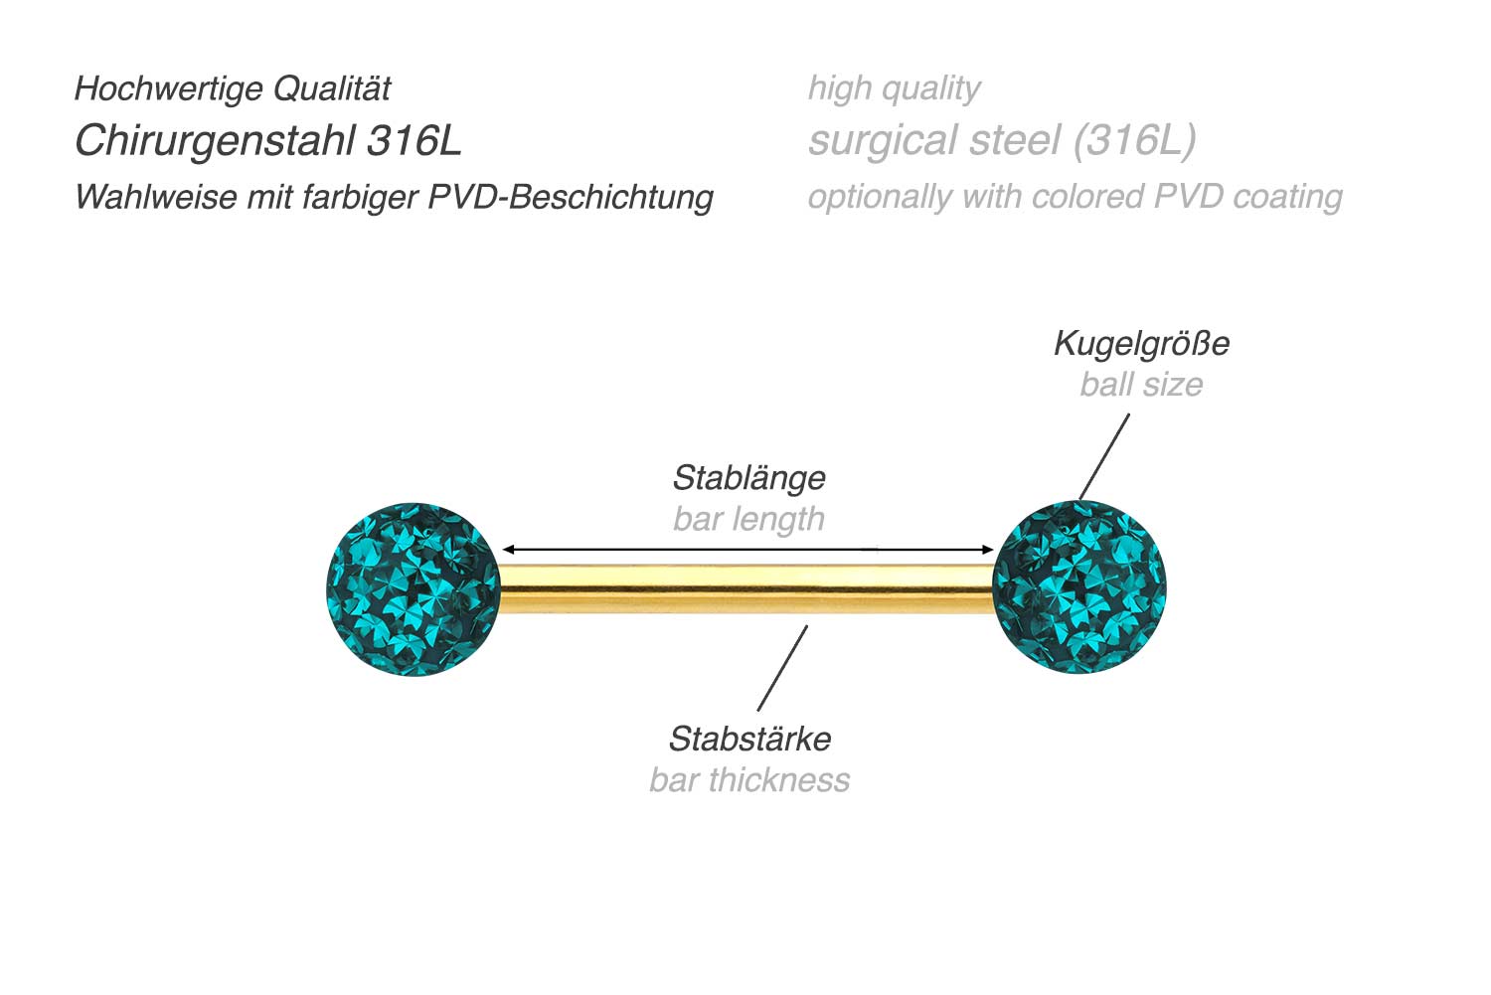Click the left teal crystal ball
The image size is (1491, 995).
pos(414,589)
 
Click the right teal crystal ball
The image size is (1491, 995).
pos(1079,587)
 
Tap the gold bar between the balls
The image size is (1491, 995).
pos(745,588)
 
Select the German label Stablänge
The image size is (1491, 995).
pos(748,478)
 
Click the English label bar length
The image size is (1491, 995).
pos(748,519)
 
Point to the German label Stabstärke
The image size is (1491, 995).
pos(749,740)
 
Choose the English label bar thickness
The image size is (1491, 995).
pos(749,780)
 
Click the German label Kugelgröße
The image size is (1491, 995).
pos(1141,344)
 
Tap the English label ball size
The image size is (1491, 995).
pos(1141,385)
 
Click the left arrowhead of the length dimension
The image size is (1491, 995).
pos(508,549)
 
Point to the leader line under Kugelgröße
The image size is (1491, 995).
pos(1104,456)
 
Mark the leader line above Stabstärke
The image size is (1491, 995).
pos(782,668)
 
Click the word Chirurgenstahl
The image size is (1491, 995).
pos(216,141)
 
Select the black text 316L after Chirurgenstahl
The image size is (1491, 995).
pos(414,141)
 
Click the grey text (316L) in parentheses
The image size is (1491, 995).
pos(1134,141)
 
